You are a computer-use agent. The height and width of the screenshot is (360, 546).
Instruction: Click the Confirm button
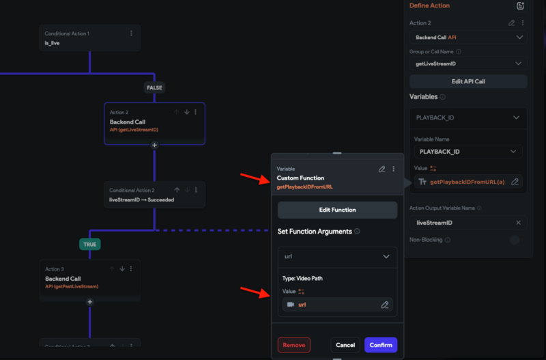380,345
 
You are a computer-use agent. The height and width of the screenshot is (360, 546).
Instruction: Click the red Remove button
293,345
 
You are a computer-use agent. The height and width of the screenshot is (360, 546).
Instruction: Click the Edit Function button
337,210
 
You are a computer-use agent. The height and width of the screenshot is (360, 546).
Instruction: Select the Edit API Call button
468,81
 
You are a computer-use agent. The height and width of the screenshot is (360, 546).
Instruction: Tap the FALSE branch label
154,87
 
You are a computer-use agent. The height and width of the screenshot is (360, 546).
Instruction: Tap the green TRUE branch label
89,243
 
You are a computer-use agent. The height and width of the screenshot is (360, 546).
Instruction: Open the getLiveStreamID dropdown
468,64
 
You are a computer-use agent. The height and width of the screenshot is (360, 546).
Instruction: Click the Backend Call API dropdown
468,38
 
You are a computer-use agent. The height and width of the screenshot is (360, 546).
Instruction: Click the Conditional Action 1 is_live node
89,38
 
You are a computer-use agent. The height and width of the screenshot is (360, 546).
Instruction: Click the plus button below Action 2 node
154,145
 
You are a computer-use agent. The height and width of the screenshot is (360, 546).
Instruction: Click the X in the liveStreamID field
518,223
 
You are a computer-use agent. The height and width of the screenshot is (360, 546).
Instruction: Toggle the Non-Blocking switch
514,240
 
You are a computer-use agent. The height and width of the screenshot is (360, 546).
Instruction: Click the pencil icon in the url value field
385,305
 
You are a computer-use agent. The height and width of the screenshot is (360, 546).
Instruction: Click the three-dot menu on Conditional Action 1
132,33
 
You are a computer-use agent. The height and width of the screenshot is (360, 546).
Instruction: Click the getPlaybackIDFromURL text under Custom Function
304,186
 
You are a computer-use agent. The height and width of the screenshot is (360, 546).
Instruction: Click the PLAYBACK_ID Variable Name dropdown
468,152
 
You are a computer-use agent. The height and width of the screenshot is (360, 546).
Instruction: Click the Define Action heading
429,5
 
